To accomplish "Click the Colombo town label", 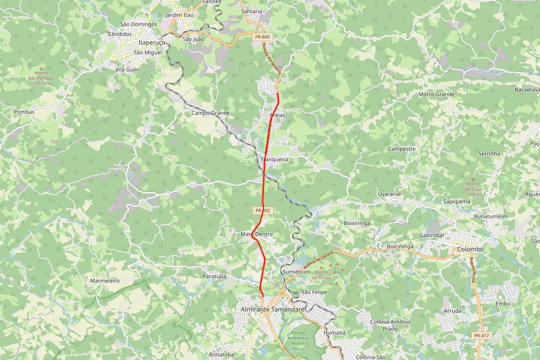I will coord(470,249).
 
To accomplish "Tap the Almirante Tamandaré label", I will coord(273,310).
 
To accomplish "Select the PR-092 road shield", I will coord(263,210).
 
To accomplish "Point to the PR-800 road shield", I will coord(262,36).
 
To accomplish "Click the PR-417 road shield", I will coord(481,336).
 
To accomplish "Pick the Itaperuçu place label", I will coord(152,42).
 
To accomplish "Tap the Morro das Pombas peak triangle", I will coord(41,68).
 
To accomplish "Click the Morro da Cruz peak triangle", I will coord(473,178).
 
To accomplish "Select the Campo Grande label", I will coord(211,113).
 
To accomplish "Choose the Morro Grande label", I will coord(436,94).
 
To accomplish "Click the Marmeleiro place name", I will coord(105,280).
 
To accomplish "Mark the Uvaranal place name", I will coord(389,194).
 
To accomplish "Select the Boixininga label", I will coord(356,223).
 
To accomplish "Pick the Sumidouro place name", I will coord(297,272).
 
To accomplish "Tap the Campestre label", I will coord(401,149).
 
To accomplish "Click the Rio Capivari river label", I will coord(489,72).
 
